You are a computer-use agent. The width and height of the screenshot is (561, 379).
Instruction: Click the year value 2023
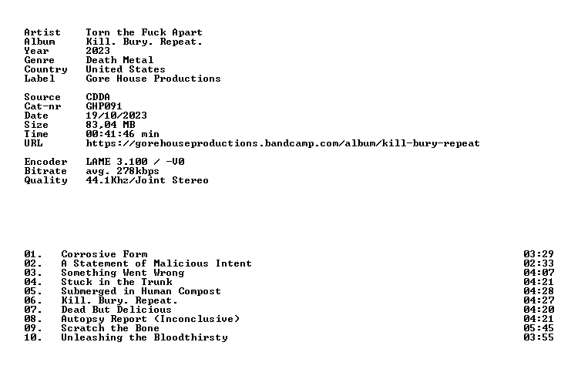click(x=98, y=51)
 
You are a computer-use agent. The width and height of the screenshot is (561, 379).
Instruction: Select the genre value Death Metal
click(x=119, y=60)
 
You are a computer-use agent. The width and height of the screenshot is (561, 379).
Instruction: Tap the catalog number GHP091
click(x=104, y=106)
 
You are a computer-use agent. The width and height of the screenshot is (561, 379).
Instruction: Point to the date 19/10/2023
click(x=116, y=116)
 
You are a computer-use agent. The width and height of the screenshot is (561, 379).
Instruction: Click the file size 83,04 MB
click(x=110, y=125)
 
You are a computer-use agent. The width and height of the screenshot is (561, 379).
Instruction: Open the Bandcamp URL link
click(x=283, y=143)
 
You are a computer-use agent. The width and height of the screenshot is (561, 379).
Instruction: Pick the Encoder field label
click(x=45, y=162)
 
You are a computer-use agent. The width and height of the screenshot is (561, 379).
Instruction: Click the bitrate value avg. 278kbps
click(x=123, y=171)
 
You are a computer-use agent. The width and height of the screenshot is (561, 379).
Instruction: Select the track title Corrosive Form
click(x=104, y=254)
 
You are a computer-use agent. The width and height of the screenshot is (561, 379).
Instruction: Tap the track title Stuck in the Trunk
click(x=116, y=282)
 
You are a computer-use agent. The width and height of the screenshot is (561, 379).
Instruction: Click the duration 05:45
click(x=539, y=328)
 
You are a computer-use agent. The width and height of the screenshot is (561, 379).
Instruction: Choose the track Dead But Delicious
click(x=116, y=310)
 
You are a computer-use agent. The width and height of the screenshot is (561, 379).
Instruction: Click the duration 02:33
click(x=539, y=263)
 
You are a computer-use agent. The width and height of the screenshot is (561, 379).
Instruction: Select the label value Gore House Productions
click(x=153, y=79)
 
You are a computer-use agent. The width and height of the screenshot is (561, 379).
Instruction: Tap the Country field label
click(x=45, y=69)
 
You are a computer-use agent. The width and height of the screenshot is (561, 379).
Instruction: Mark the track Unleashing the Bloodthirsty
click(x=144, y=337)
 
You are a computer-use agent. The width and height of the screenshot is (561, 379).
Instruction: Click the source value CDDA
click(x=98, y=97)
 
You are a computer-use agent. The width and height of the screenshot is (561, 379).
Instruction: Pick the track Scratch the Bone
click(x=110, y=328)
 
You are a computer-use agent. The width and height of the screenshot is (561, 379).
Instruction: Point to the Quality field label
click(x=45, y=180)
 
